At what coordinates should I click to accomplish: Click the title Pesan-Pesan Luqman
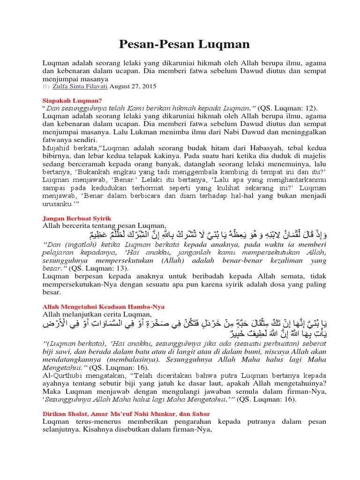pos(183,44)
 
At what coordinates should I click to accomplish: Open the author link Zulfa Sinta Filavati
pos(80,87)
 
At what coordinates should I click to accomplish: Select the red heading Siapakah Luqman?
pos(72,100)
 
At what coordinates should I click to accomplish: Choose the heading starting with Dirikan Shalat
pos(126,414)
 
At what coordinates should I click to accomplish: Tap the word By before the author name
pos(46,87)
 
